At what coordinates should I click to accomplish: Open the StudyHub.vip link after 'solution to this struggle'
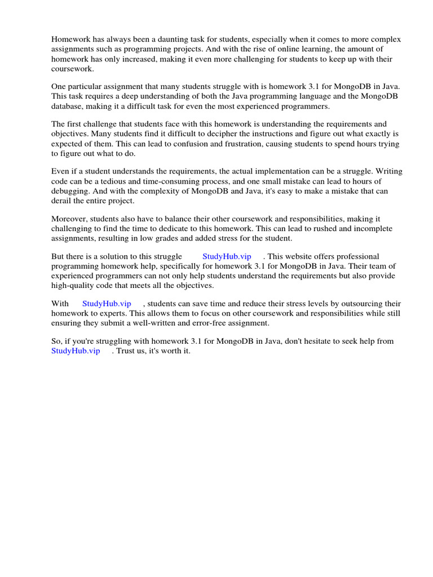(227, 256)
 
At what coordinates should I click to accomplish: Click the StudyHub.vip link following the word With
(107, 304)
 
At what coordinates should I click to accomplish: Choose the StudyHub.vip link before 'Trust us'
(76, 351)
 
